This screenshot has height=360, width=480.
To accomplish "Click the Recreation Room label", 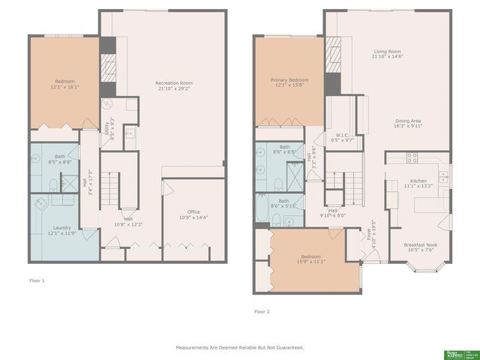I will click(175, 85).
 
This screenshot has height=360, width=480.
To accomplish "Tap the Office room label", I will click(183, 214).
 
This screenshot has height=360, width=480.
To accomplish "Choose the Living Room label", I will click(388, 54).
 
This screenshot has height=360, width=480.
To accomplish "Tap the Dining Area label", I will click(408, 123).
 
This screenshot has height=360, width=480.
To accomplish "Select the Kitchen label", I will click(418, 183).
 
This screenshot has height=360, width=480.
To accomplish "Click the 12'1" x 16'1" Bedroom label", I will click(66, 84).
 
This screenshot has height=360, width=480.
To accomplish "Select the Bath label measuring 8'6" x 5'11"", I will click(283, 203).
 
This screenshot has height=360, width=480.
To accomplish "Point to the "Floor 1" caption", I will click(37, 280).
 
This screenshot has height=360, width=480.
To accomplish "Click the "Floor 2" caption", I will click(262, 310).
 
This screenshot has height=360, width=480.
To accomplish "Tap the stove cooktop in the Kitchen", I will click(412, 157).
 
